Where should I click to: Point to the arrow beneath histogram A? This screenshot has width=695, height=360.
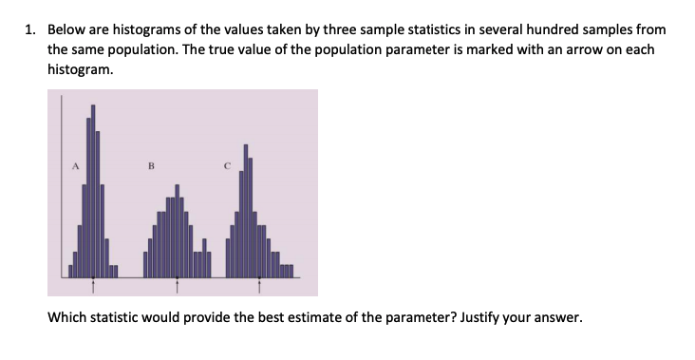coord(92,282)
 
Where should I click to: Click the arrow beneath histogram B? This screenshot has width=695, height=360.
coord(176,282)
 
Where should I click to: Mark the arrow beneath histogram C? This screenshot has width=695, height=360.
coord(254,282)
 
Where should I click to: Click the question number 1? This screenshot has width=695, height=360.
coord(29,30)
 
